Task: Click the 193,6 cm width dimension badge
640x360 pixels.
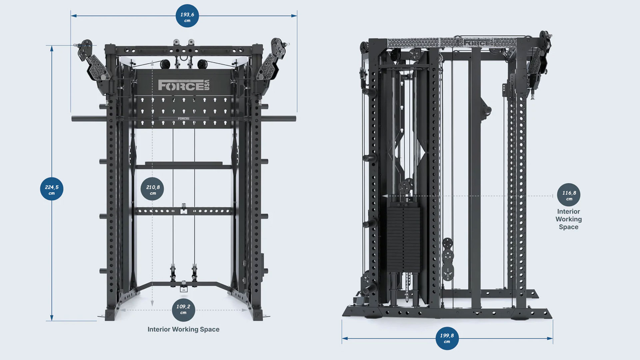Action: pyautogui.click(x=187, y=16)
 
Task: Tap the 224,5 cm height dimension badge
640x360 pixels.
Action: pyautogui.click(x=52, y=189)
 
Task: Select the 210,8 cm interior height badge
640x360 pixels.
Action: pyautogui.click(x=152, y=189)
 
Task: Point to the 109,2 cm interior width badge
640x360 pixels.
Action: pyautogui.click(x=183, y=308)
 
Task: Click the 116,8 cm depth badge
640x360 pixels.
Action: pyautogui.click(x=569, y=195)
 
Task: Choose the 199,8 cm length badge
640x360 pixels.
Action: pyautogui.click(x=447, y=338)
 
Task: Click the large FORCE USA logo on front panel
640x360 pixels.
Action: pyautogui.click(x=184, y=85)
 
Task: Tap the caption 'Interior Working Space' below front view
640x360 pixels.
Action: pyautogui.click(x=183, y=329)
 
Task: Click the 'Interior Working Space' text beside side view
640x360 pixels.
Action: pyautogui.click(x=568, y=219)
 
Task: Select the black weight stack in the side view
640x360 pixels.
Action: pyautogui.click(x=404, y=237)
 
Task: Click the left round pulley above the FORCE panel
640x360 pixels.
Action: pyautogui.click(x=165, y=64)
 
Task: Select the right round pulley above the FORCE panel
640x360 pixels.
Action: pyautogui.click(x=202, y=64)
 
